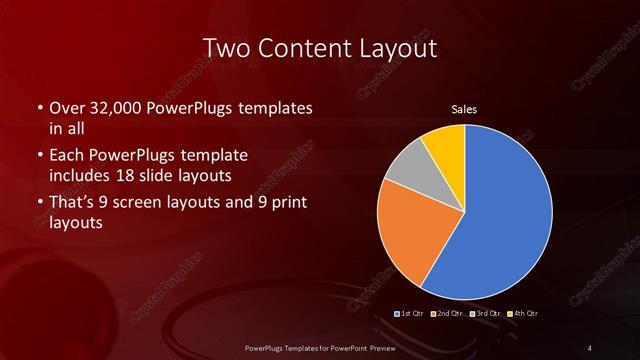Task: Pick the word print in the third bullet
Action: click(x=286, y=203)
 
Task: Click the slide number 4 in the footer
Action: click(x=589, y=347)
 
